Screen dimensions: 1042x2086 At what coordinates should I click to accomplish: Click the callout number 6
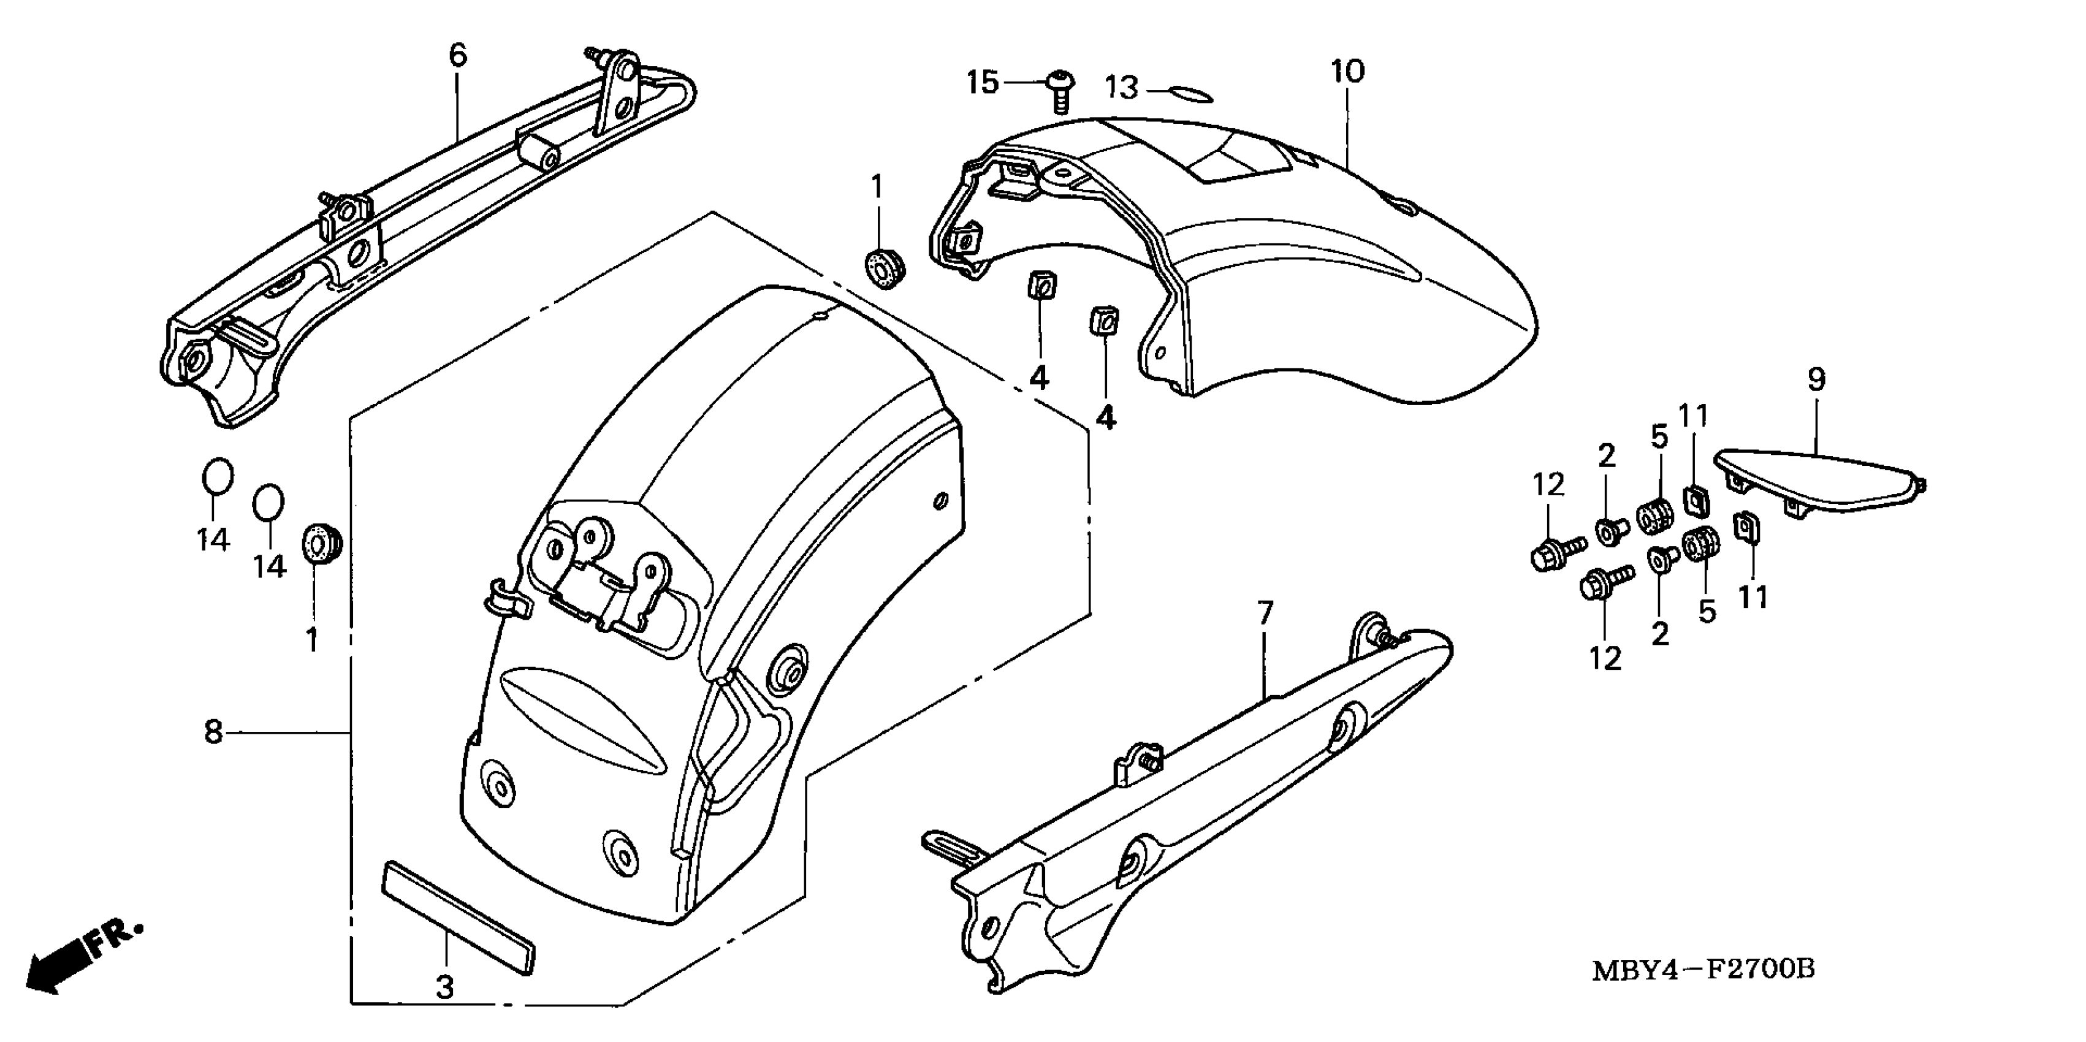pyautogui.click(x=457, y=55)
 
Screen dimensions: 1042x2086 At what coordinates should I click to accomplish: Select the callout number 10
pyautogui.click(x=1347, y=72)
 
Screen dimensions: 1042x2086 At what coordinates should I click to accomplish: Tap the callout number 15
pyautogui.click(x=983, y=83)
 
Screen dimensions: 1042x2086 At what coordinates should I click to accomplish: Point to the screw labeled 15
pyautogui.click(x=1060, y=91)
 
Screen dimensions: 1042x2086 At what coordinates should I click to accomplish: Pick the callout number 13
pyautogui.click(x=1122, y=88)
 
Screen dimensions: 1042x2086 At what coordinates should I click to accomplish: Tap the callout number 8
pyautogui.click(x=213, y=732)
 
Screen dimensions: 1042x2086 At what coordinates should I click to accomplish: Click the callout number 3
pyautogui.click(x=444, y=987)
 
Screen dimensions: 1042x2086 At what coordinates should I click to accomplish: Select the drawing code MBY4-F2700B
pyautogui.click(x=1703, y=970)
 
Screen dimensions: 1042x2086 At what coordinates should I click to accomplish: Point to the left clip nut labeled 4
pyautogui.click(x=1041, y=286)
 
